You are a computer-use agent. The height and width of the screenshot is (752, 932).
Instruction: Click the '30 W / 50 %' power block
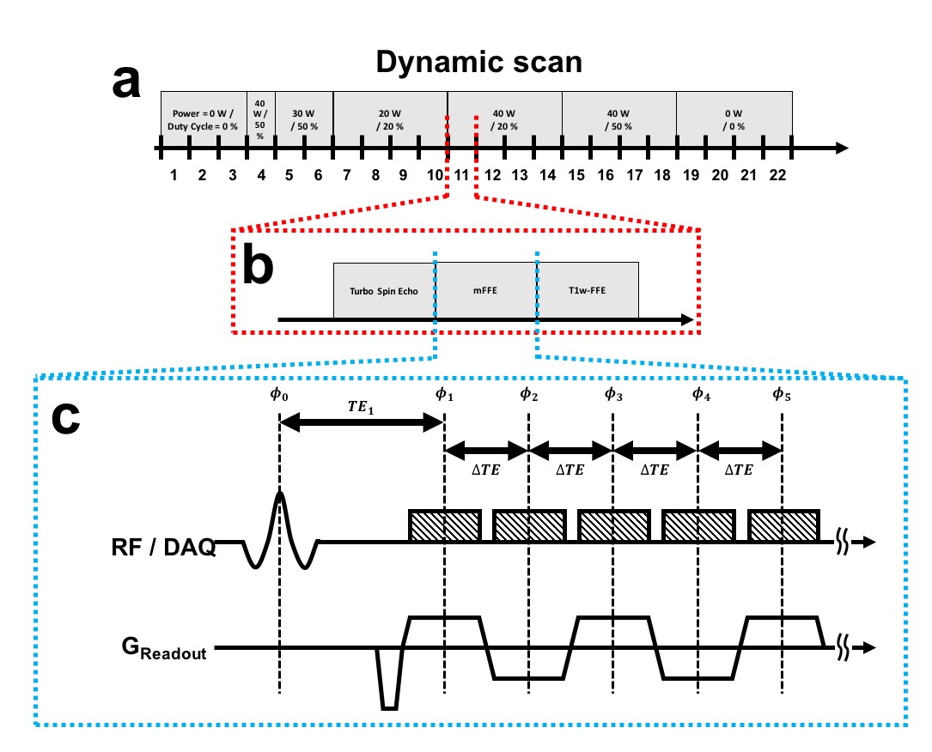(303, 119)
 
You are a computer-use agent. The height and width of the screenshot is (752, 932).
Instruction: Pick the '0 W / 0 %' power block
(734, 119)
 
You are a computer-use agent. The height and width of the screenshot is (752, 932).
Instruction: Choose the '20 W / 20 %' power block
(390, 119)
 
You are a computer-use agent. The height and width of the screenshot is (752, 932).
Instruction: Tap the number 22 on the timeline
(777, 175)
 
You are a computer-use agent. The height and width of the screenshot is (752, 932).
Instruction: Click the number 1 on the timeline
(174, 175)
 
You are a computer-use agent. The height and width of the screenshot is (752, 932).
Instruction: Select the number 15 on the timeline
(576, 175)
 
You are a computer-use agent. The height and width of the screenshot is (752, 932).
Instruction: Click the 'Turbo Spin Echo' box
(384, 291)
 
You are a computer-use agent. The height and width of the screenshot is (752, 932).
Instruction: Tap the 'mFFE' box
(485, 291)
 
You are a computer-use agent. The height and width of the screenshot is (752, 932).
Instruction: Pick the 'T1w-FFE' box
(588, 291)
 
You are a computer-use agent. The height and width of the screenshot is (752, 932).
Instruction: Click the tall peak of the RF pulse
(280, 496)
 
